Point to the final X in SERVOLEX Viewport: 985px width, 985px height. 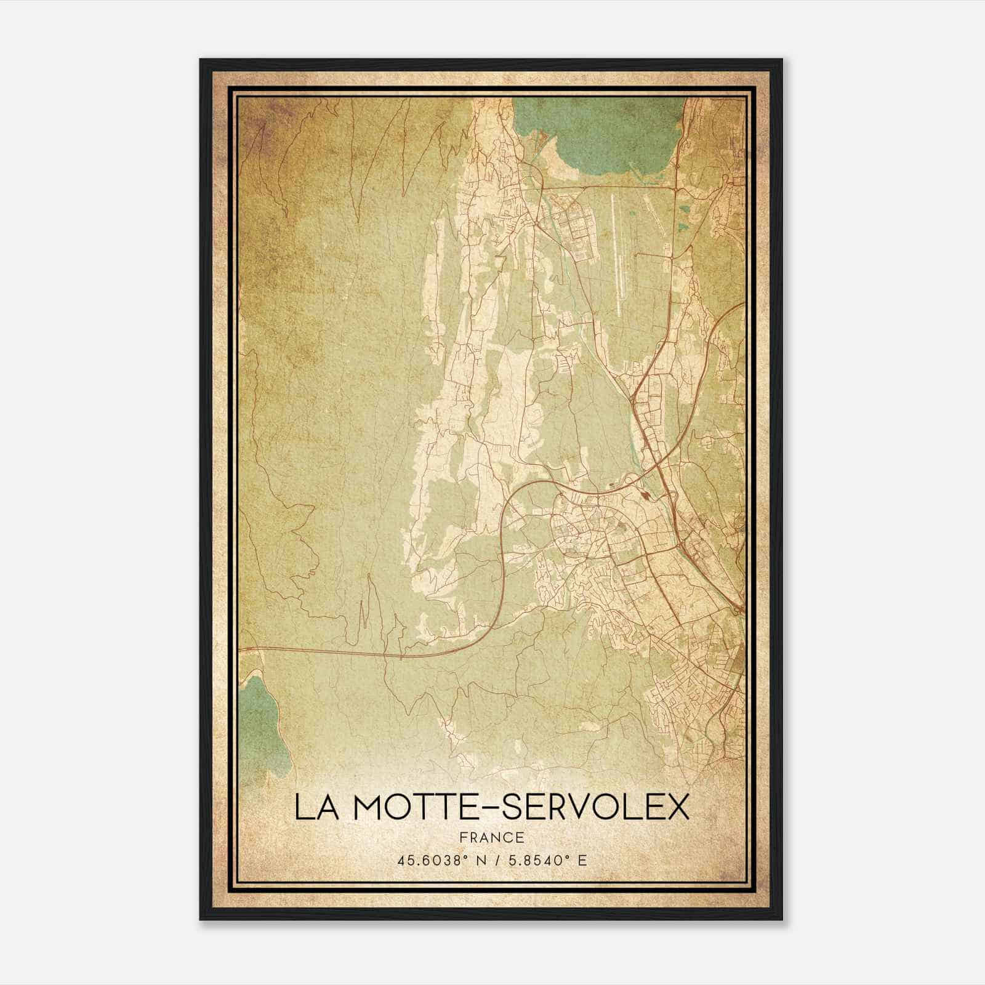pyautogui.click(x=677, y=808)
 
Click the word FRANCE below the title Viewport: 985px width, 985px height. pyautogui.click(x=491, y=837)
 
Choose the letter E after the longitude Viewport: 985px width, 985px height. pyautogui.click(x=581, y=859)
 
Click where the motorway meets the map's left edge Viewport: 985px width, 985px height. pyautogui.click(x=241, y=649)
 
